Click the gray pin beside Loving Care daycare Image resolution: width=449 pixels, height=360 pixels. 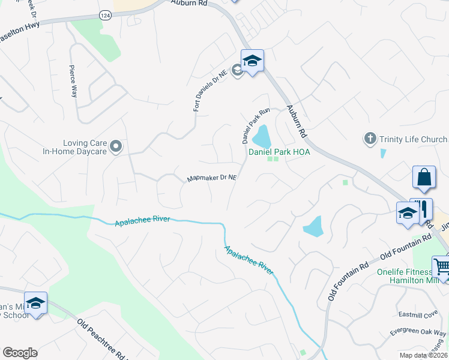pos(116,146)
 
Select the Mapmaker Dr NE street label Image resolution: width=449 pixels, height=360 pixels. pos(212,178)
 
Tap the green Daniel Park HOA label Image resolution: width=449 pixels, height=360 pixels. pos(279,152)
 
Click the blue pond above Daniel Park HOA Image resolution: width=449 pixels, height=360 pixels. pos(262,137)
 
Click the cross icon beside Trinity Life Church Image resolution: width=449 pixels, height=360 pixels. pos(370,139)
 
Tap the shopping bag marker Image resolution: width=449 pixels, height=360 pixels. pos(424,178)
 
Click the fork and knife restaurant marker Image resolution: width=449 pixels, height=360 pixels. pos(422,209)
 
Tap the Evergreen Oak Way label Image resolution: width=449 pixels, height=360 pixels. pos(418,333)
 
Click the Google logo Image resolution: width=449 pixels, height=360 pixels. pos(20,353)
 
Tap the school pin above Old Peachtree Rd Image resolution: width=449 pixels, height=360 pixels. pos(35,303)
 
